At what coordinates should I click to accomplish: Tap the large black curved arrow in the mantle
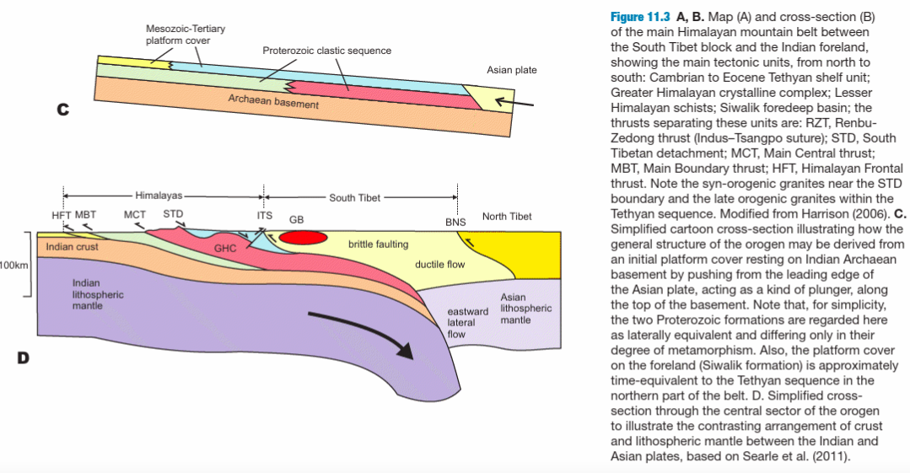(x=363, y=333)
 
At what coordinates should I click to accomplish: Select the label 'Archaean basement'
(x=273, y=102)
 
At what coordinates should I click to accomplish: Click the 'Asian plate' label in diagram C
(x=511, y=70)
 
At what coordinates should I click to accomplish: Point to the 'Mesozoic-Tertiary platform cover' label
(x=185, y=35)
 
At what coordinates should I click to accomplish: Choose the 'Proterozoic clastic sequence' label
(x=326, y=51)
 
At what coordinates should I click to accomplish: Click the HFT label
(x=62, y=215)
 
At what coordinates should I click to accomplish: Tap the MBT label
(x=85, y=215)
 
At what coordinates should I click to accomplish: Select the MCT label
(x=135, y=215)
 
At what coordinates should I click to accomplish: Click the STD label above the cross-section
(x=173, y=215)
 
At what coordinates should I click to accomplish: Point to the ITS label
(x=264, y=215)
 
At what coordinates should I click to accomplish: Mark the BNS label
(x=455, y=223)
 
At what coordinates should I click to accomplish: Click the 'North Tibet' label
(x=507, y=217)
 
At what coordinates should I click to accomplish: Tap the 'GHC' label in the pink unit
(x=224, y=249)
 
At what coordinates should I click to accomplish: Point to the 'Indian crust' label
(x=72, y=247)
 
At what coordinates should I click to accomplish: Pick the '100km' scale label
(x=14, y=266)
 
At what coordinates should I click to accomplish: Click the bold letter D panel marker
(x=23, y=357)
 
